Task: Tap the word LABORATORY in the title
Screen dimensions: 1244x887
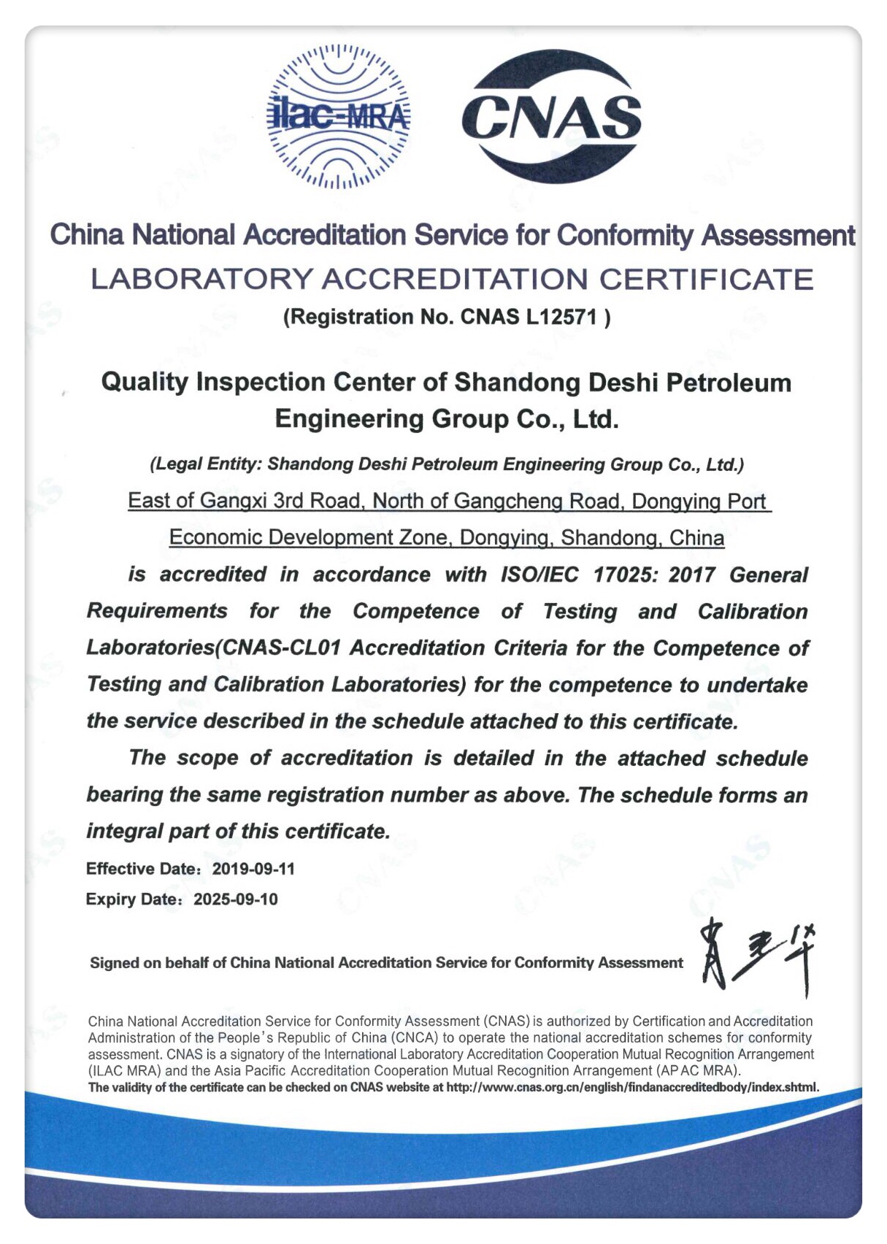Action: pos(201,280)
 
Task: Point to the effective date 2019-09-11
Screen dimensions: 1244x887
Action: pos(253,869)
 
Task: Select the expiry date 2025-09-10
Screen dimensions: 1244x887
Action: pos(235,899)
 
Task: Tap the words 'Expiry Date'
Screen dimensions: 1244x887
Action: pos(132,899)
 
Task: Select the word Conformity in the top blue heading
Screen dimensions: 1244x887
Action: pos(625,235)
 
